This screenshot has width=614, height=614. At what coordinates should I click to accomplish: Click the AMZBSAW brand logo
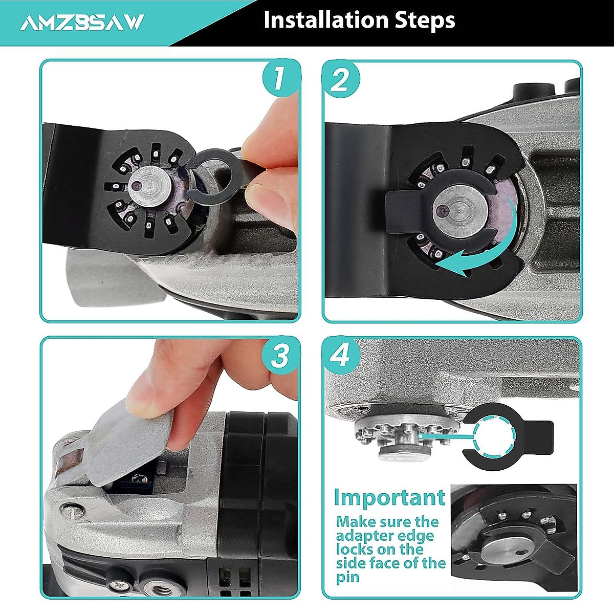[82, 22]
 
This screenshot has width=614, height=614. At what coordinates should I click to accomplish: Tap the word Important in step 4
[389, 497]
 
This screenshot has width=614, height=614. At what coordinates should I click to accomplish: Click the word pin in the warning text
[348, 578]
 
